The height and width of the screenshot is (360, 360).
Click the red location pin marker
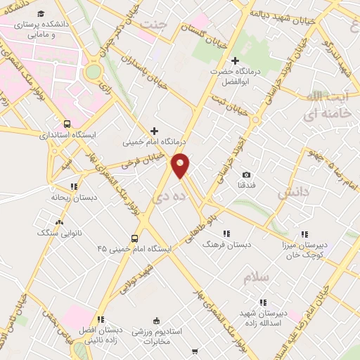(x=181, y=165)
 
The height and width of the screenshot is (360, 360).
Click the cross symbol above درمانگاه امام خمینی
(x=155, y=131)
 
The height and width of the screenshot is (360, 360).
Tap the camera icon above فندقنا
(x=246, y=174)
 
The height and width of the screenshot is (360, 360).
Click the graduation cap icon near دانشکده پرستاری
(x=41, y=14)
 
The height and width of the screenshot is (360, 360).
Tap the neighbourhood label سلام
(x=257, y=278)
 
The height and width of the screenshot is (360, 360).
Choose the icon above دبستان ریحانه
(x=74, y=186)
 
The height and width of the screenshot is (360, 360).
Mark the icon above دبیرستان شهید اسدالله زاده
(x=263, y=302)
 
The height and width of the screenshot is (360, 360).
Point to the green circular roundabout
(x=93, y=71)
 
